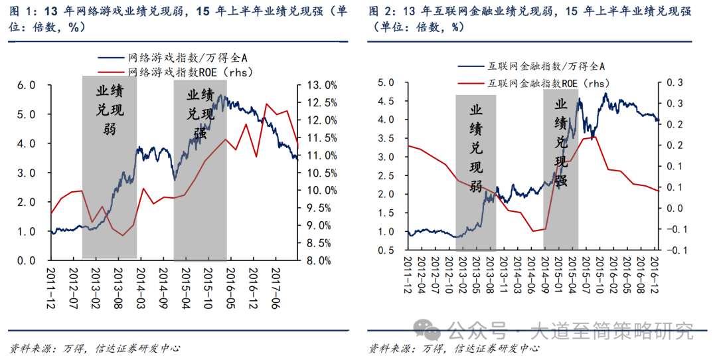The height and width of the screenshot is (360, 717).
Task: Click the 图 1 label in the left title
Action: [x=19, y=12]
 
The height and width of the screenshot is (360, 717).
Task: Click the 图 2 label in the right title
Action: [x=380, y=12]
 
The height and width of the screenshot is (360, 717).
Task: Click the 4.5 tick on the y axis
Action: [x=386, y=102]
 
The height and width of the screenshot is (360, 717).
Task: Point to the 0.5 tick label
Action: [x=386, y=250]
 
